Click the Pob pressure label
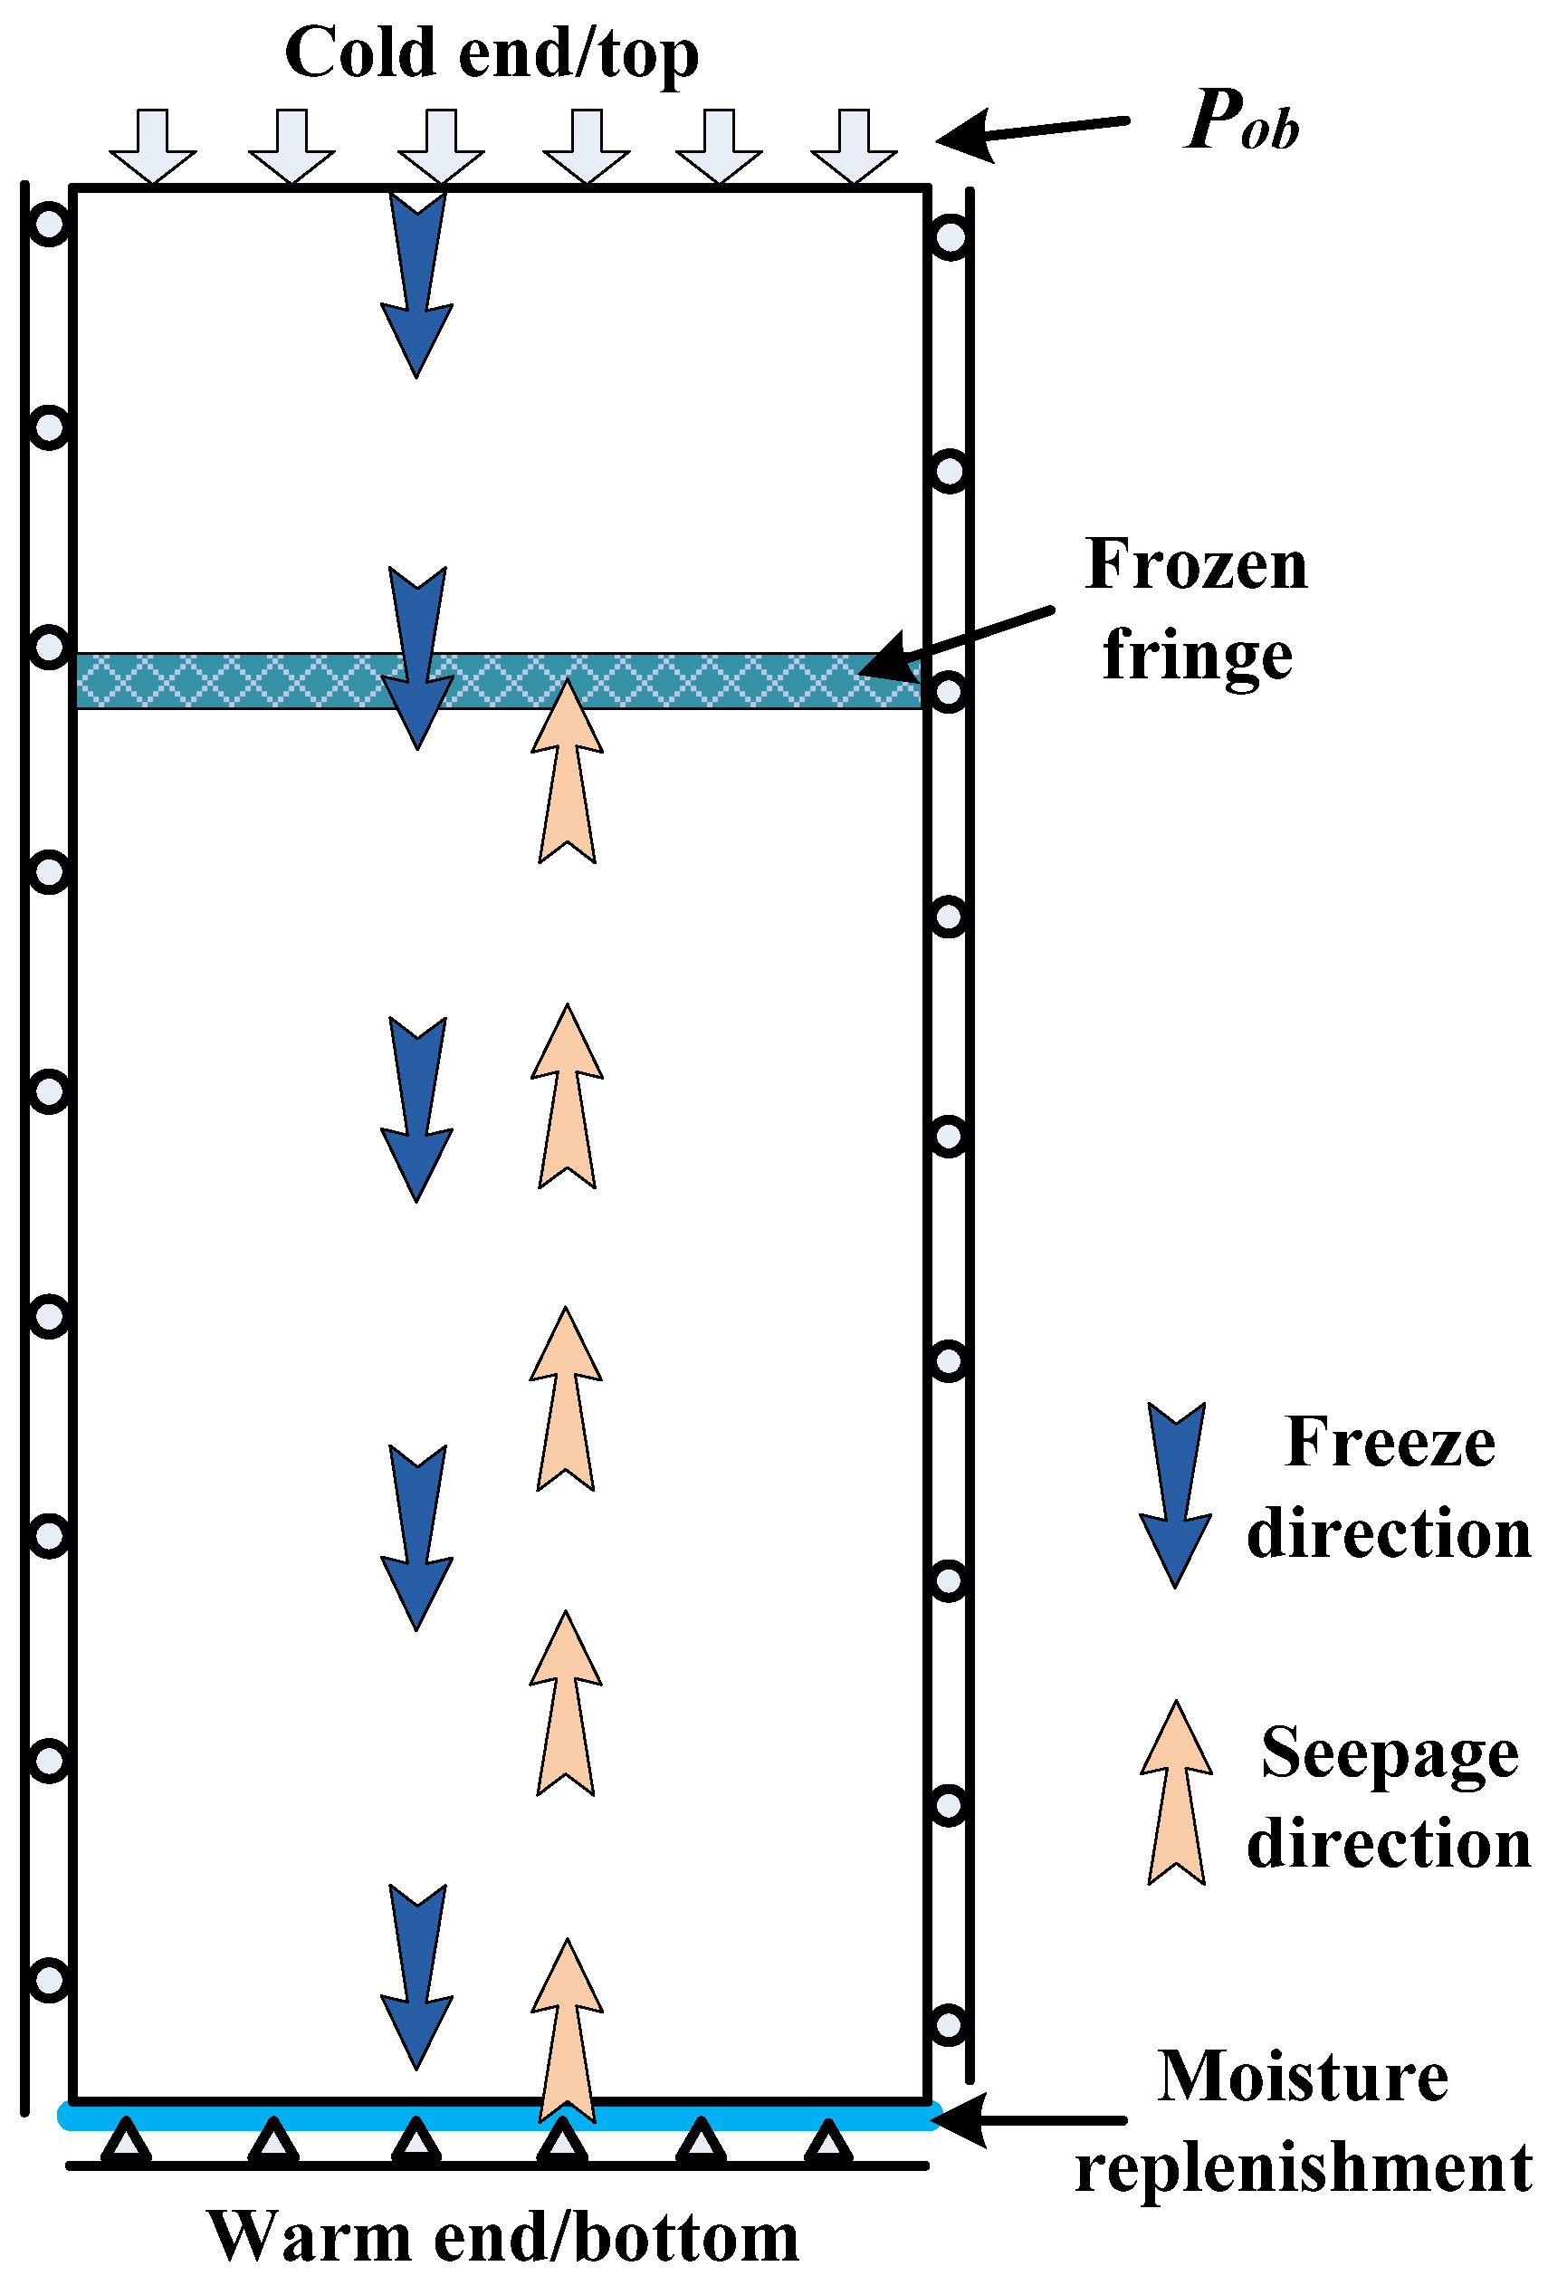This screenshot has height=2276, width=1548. [1241, 121]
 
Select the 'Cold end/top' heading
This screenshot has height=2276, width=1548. [492, 53]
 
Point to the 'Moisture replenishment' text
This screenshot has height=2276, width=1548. [1303, 2121]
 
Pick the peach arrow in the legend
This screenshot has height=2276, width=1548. [1176, 1792]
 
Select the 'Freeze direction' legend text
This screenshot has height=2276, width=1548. [1390, 1486]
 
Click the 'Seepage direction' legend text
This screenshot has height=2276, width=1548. [1390, 1796]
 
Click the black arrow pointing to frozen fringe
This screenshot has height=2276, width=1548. [955, 641]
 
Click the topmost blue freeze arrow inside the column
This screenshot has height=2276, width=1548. [417, 284]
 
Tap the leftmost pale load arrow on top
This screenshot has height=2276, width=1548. [153, 146]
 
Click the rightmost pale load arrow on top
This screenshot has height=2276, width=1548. [854, 146]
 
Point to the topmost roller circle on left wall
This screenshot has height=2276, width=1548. [49, 225]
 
